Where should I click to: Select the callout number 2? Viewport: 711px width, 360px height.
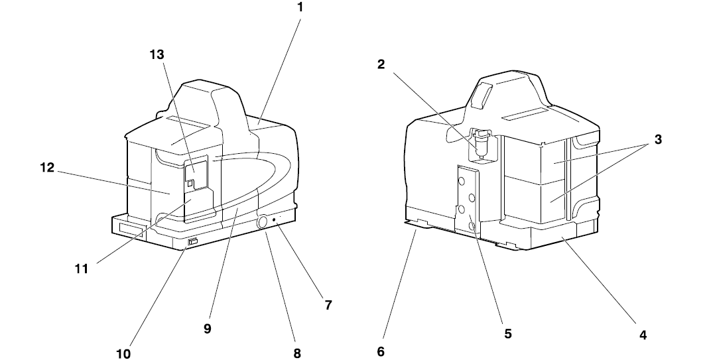click(381, 64)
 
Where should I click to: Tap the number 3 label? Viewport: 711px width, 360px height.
click(657, 141)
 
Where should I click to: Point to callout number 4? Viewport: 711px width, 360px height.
click(643, 335)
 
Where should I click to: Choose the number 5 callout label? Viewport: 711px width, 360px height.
click(507, 333)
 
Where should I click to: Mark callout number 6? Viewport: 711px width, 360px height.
click(381, 351)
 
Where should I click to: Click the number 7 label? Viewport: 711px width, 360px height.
click(328, 305)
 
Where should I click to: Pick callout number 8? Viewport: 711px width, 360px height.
click(297, 353)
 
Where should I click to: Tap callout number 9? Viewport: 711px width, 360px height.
click(208, 328)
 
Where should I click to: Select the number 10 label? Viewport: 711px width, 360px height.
click(123, 353)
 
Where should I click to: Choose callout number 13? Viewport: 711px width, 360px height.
click(157, 55)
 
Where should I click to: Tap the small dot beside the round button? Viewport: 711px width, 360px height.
click(276, 219)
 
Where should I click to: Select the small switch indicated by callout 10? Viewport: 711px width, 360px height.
click(192, 242)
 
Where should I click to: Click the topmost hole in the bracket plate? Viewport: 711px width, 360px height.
click(462, 180)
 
